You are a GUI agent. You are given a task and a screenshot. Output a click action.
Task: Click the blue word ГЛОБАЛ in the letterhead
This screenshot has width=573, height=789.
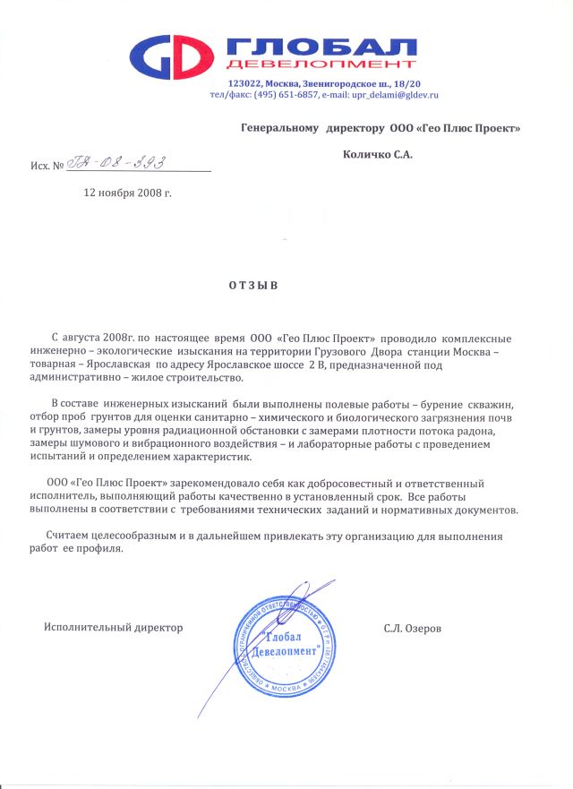(x=322, y=47)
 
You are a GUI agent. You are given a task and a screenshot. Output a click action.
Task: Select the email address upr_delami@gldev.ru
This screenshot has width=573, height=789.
(x=387, y=93)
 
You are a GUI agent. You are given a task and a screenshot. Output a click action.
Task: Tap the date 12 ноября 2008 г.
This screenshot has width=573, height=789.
(x=126, y=192)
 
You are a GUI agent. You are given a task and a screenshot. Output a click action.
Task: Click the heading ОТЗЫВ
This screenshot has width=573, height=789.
(x=254, y=286)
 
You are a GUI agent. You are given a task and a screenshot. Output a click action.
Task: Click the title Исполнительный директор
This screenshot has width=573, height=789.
(x=114, y=628)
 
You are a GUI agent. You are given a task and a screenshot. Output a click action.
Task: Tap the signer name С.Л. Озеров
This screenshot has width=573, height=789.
(x=413, y=628)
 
